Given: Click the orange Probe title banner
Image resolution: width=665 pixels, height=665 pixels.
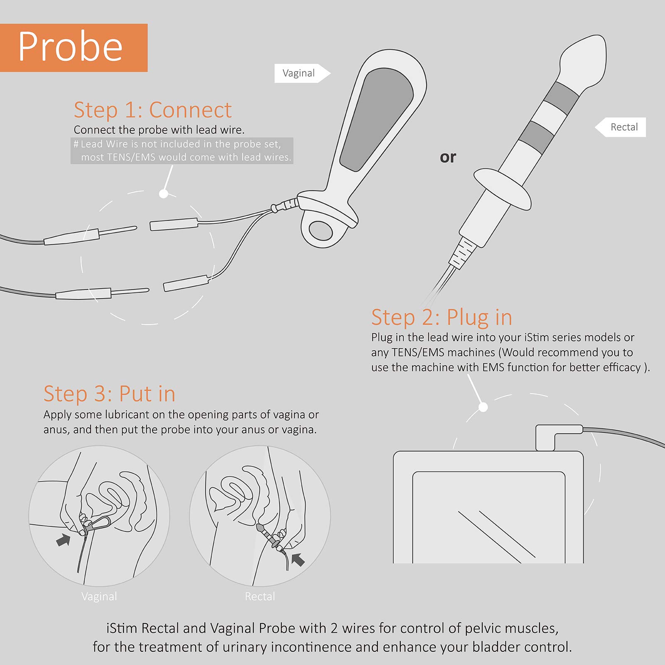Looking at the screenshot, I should click(74, 48).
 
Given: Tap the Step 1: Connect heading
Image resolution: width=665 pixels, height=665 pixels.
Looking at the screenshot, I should click(152, 110).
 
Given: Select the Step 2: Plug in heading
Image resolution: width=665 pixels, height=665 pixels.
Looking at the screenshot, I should click(441, 318).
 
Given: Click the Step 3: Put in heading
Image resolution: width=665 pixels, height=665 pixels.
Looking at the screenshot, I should click(109, 394).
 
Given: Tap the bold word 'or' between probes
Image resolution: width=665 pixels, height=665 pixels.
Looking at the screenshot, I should click(448, 157).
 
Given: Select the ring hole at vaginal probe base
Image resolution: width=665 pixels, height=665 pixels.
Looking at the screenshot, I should click(321, 230).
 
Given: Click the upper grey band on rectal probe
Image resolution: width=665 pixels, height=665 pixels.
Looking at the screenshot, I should click(561, 98).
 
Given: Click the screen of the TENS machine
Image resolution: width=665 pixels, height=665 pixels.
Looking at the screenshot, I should click(488, 517).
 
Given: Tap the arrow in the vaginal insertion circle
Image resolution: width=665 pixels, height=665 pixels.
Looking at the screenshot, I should click(63, 540).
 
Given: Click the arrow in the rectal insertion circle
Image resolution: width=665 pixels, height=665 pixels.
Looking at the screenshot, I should click(298, 559).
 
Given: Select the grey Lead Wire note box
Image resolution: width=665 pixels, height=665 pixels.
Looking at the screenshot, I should click(182, 150).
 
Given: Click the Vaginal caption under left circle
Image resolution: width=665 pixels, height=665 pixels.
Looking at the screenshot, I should click(99, 596).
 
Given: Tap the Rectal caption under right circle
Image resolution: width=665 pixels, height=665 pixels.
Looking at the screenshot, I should click(260, 596).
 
